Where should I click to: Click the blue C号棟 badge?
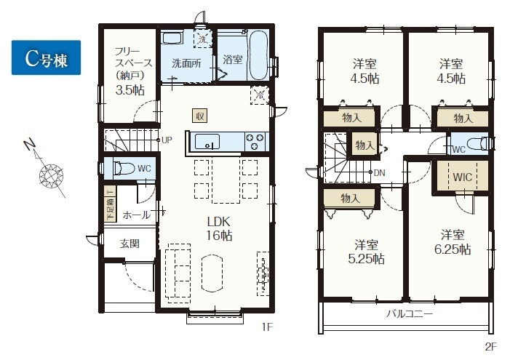click(47, 57)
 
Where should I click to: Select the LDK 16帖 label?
click(219, 228)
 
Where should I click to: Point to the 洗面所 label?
click(187, 63)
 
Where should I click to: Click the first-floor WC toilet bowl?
click(124, 169)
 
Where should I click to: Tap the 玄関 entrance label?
click(129, 244)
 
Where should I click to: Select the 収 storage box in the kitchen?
click(200, 116)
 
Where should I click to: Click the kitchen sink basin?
click(207, 142)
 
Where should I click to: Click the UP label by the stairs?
click(167, 140)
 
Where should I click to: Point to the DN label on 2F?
click(379, 173)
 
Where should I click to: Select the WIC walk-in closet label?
click(463, 177)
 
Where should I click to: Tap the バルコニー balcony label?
click(409, 313)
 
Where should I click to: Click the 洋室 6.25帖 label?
click(453, 242)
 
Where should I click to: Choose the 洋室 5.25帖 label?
click(367, 252)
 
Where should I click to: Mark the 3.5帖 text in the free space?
click(130, 90)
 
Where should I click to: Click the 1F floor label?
click(267, 327)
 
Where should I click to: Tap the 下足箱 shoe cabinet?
click(111, 204)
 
